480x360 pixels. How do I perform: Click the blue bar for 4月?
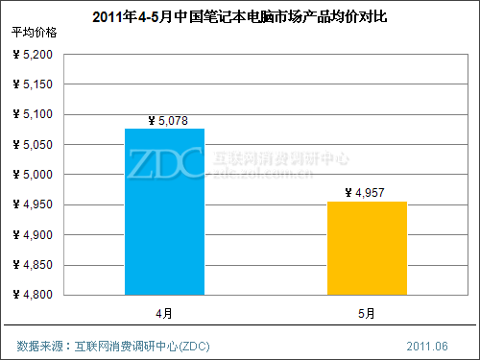[x=164, y=211]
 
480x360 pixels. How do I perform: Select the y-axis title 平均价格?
[x=35, y=33]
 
